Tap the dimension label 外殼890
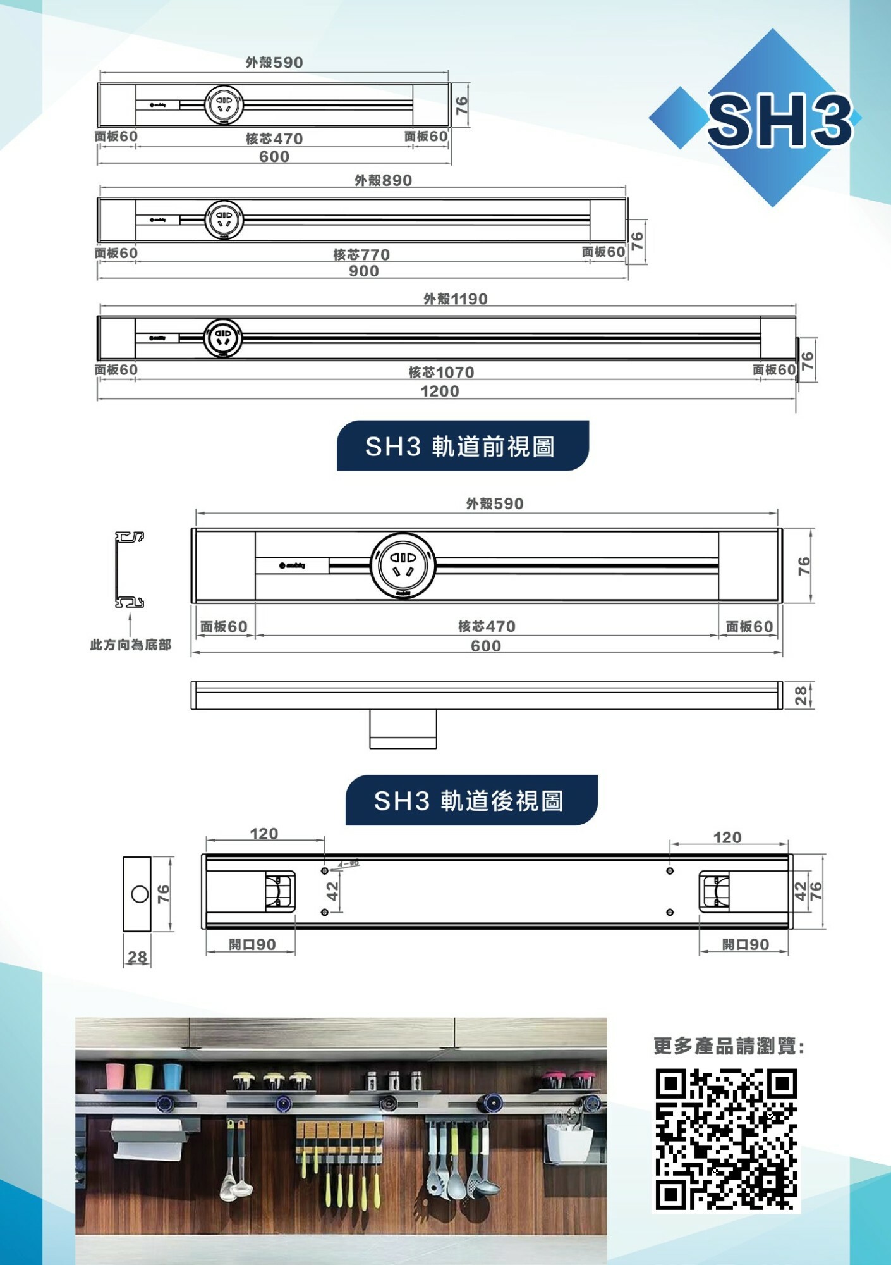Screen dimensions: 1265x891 pyautogui.click(x=383, y=180)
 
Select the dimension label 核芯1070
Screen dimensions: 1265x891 pyautogui.click(x=441, y=372)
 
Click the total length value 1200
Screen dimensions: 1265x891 pyautogui.click(x=440, y=391)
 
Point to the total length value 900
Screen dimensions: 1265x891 pyautogui.click(x=364, y=271)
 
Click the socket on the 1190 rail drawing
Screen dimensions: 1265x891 pyautogui.click(x=222, y=337)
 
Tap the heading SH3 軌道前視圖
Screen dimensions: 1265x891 pyautogui.click(x=461, y=447)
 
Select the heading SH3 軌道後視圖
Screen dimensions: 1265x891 pyautogui.click(x=470, y=801)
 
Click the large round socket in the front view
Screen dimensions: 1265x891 pyautogui.click(x=403, y=565)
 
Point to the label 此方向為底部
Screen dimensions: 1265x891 pyautogui.click(x=130, y=645)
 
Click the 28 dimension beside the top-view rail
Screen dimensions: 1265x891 pyautogui.click(x=801, y=695)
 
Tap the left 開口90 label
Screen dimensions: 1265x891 pyautogui.click(x=252, y=944)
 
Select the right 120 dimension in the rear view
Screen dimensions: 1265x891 pyautogui.click(x=727, y=837)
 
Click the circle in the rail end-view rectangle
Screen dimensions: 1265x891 pyautogui.click(x=140, y=894)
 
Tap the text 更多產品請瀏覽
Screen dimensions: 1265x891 pyautogui.click(x=728, y=1047)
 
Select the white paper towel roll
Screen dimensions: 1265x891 pyautogui.click(x=148, y=1138)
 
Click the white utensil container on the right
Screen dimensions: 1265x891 pyautogui.click(x=569, y=1142)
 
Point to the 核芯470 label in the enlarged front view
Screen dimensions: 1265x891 pyautogui.click(x=487, y=626)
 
